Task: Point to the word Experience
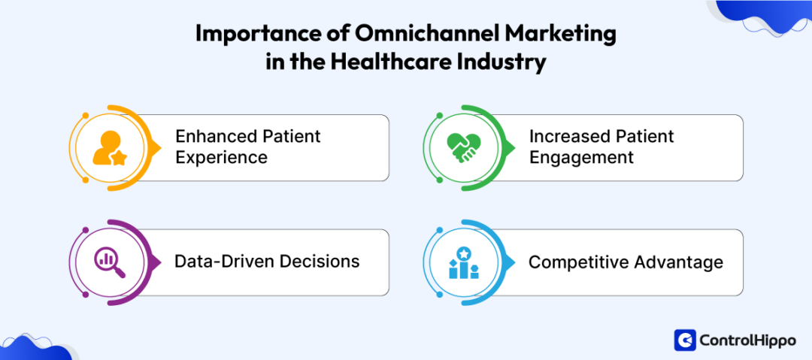[221, 158]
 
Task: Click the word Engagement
[581, 158]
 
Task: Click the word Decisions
[317, 262]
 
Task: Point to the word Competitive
[578, 262]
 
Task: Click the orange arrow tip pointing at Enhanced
[157, 147]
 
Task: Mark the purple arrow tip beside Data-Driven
[157, 262]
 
